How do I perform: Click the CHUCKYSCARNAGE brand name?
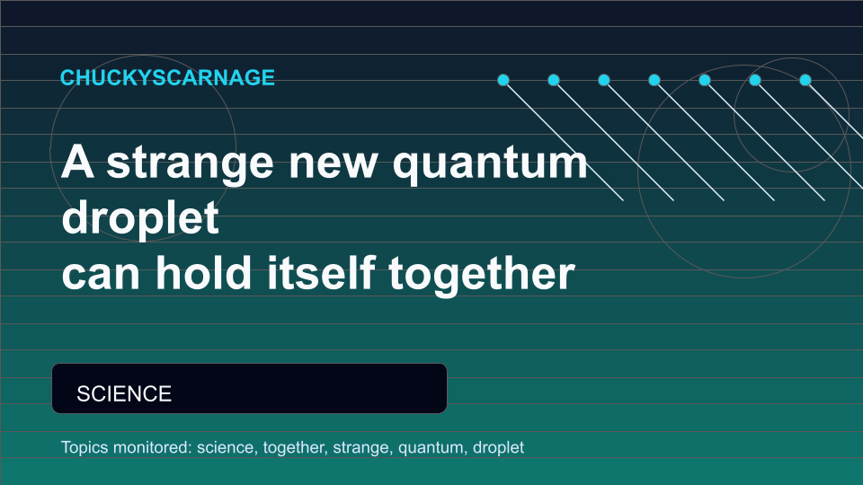(x=167, y=77)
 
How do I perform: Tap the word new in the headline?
(x=333, y=163)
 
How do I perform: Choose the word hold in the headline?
(x=204, y=273)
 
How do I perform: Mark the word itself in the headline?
(x=321, y=273)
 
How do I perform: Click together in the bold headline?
(x=482, y=275)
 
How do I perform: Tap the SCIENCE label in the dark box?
(x=124, y=393)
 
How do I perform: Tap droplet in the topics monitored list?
(x=498, y=447)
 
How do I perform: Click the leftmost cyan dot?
(x=503, y=80)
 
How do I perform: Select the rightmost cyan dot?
(x=805, y=80)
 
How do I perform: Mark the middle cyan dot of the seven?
(x=654, y=80)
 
